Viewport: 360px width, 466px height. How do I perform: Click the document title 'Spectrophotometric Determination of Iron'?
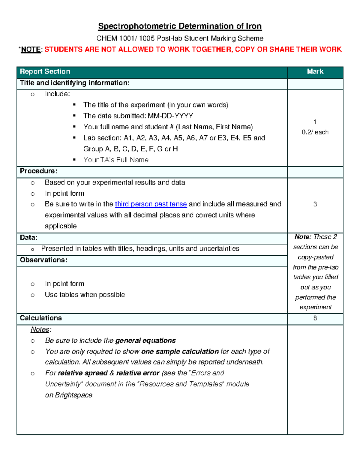tap(180, 26)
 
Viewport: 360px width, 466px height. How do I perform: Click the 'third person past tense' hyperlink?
tap(151, 204)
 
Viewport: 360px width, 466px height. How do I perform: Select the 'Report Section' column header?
tap(45, 72)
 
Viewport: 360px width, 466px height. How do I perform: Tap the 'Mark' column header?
tap(315, 72)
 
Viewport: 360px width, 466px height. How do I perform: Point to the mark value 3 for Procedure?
tap(315, 204)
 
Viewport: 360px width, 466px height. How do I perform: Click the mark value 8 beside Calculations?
tap(315, 318)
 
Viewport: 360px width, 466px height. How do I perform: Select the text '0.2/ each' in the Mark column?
tap(315, 132)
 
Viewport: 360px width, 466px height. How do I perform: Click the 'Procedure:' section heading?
tap(38, 171)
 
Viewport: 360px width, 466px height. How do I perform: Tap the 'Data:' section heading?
tap(28, 238)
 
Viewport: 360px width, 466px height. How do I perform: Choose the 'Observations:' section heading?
tap(43, 260)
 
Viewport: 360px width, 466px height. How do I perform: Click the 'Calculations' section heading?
tap(41, 318)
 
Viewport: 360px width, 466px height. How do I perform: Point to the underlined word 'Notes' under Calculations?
tap(40, 329)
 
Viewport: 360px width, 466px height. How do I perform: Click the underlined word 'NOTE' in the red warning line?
tap(31, 50)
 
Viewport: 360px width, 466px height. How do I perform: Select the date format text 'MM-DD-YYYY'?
tap(170, 116)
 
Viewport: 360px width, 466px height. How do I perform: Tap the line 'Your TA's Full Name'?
tap(116, 160)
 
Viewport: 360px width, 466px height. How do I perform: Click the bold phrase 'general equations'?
tap(145, 341)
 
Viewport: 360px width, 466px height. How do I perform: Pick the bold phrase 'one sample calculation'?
tap(180, 351)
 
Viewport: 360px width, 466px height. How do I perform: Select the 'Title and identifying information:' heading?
tap(75, 83)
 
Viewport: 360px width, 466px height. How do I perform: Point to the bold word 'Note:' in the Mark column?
tap(303, 237)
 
